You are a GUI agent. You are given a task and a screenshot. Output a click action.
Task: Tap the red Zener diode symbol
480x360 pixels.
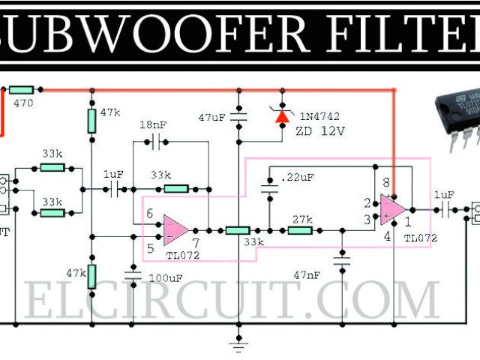tap(283, 115)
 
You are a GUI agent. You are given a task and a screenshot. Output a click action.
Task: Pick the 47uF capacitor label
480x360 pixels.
tap(212, 118)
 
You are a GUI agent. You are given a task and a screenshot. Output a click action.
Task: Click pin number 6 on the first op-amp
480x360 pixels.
tap(150, 214)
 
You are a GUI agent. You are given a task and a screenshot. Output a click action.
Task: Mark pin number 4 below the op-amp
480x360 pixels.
tap(387, 238)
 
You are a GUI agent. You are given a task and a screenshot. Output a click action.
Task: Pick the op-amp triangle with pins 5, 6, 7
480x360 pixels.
tap(175, 229)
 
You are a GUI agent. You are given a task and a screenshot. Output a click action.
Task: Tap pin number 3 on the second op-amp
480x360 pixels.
tap(367, 219)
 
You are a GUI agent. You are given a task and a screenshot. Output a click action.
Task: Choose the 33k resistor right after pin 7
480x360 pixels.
tap(239, 229)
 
